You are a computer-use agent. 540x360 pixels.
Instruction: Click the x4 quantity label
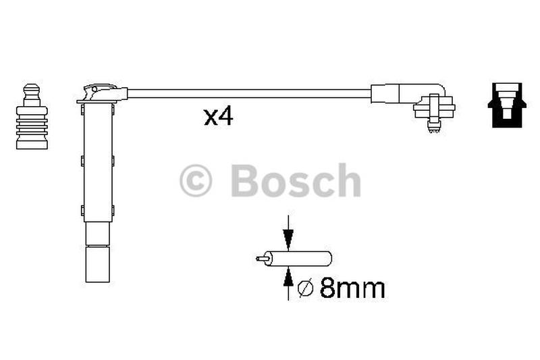pos(218,117)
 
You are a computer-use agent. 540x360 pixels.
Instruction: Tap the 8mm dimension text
pos(352,288)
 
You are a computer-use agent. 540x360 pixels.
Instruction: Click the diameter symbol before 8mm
pos(305,288)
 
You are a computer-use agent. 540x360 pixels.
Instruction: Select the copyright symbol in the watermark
pos(195,180)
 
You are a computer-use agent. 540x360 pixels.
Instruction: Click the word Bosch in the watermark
pos(296,180)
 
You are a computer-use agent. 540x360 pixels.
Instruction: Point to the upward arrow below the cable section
pos(288,283)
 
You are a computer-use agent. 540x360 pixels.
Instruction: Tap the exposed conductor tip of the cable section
pos(261,259)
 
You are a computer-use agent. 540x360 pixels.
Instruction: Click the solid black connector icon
pos(507,105)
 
